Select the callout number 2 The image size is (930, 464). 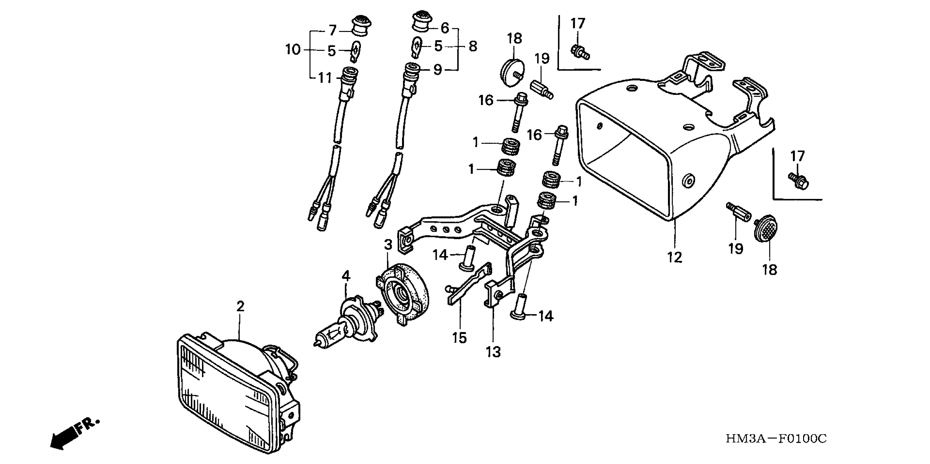pyautogui.click(x=240, y=307)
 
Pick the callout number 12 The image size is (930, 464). pyautogui.click(x=675, y=257)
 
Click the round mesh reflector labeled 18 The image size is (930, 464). pyautogui.click(x=765, y=228)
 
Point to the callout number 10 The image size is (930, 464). pyautogui.click(x=293, y=49)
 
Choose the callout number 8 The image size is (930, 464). pyautogui.click(x=473, y=46)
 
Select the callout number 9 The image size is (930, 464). pyautogui.click(x=438, y=69)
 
